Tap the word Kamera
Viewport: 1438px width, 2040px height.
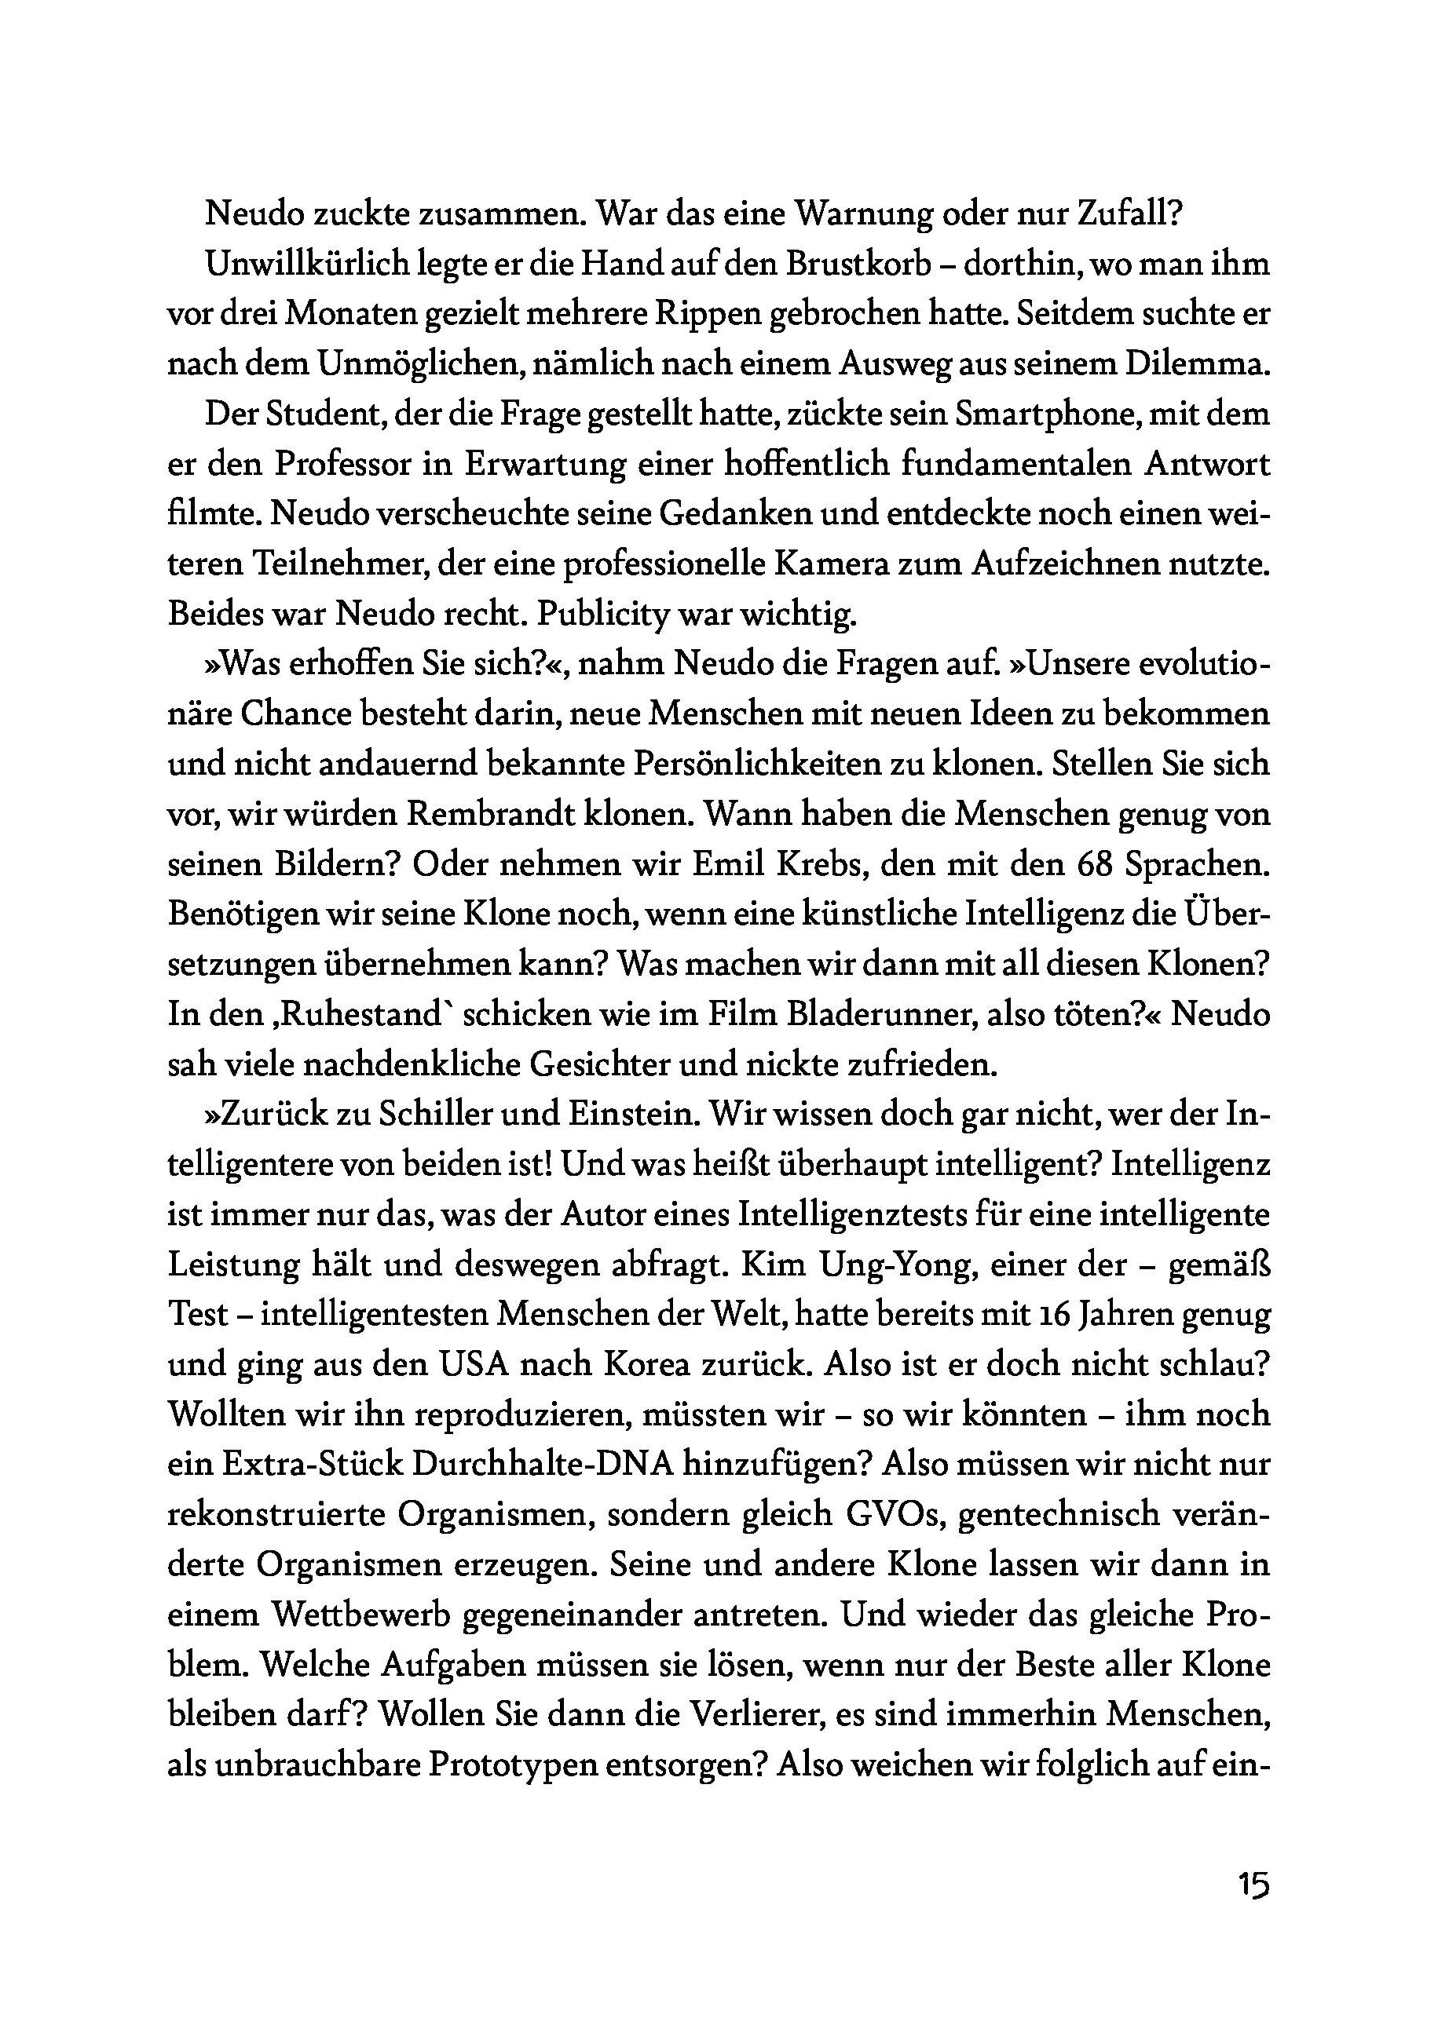click(891, 566)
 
